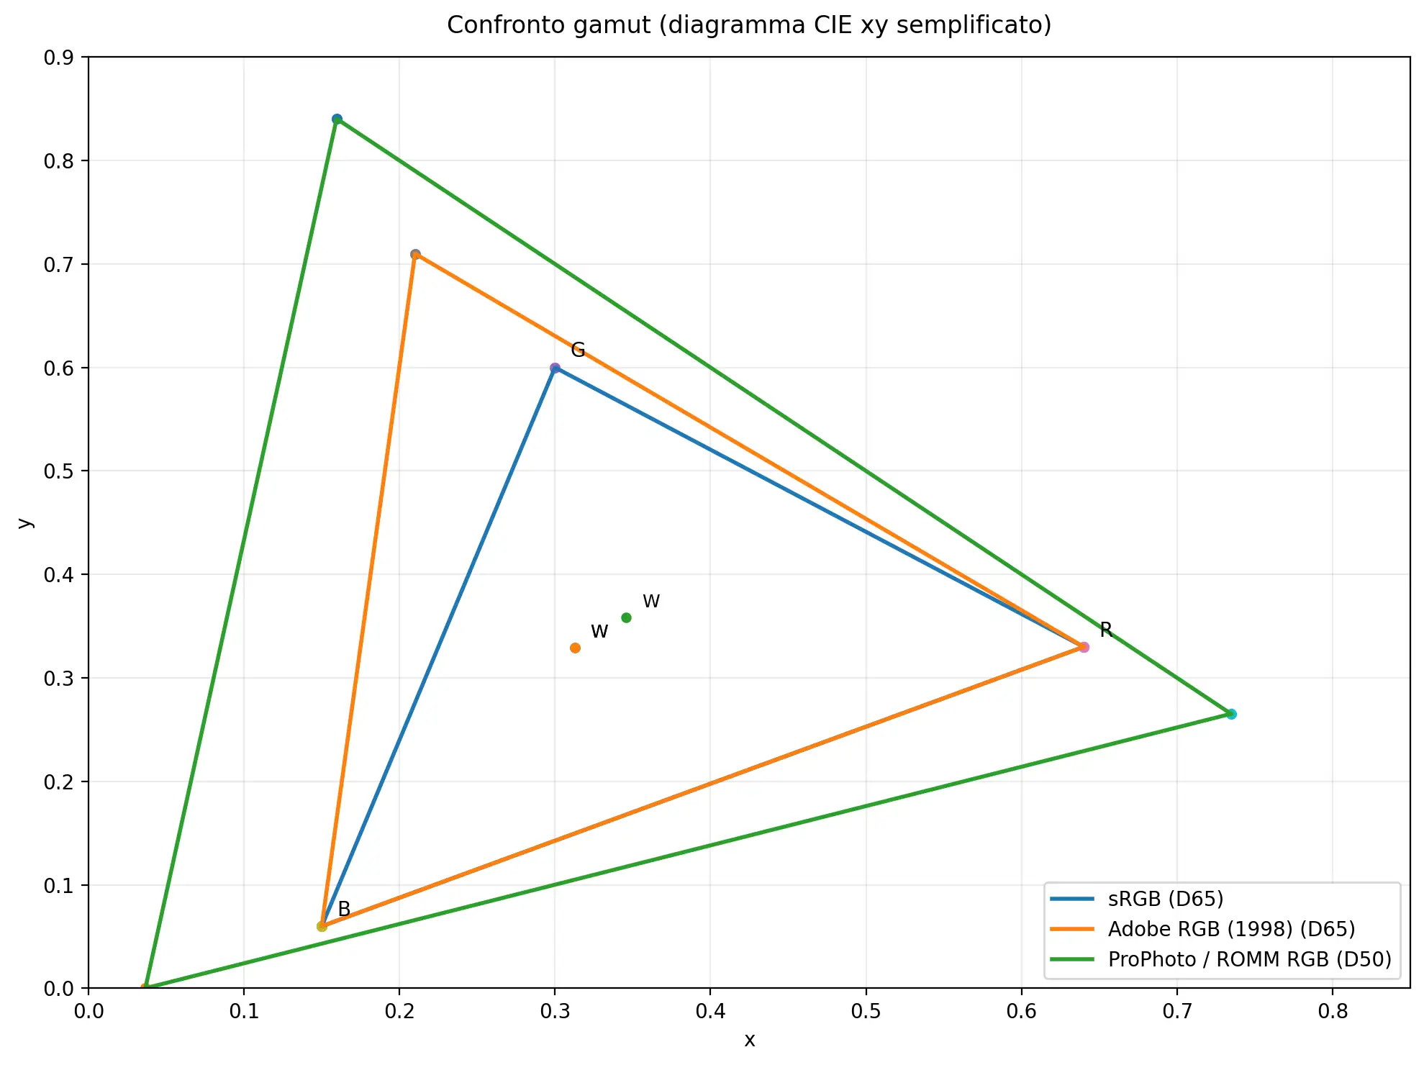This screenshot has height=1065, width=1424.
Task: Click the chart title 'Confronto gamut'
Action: coord(748,25)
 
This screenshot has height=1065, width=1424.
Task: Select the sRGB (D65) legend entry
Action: coord(1165,899)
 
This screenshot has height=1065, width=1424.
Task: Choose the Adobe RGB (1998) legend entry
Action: coord(1230,929)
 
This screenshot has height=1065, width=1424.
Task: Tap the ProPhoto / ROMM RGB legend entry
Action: coord(1249,959)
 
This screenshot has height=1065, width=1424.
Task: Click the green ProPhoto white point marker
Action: coord(626,617)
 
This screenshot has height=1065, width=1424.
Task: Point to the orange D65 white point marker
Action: coord(575,648)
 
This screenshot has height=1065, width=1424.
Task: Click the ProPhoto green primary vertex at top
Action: coord(337,119)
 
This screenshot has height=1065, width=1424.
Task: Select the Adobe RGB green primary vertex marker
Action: coord(415,254)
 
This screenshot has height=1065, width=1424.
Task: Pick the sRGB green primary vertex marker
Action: coord(555,368)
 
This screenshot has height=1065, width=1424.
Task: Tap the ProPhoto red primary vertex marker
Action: coord(1231,714)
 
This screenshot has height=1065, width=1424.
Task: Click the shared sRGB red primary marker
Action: coord(1084,647)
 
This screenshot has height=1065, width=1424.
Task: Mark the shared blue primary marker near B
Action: coord(322,926)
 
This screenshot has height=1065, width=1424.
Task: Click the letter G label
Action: coord(578,350)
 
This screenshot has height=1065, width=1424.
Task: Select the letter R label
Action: coord(1106,630)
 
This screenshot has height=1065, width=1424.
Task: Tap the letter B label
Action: coord(344,909)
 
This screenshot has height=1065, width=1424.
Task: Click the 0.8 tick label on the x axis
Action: coord(1332,1011)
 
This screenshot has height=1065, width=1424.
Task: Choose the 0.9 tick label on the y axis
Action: coord(59,58)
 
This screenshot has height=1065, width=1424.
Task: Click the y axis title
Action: coord(25,522)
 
